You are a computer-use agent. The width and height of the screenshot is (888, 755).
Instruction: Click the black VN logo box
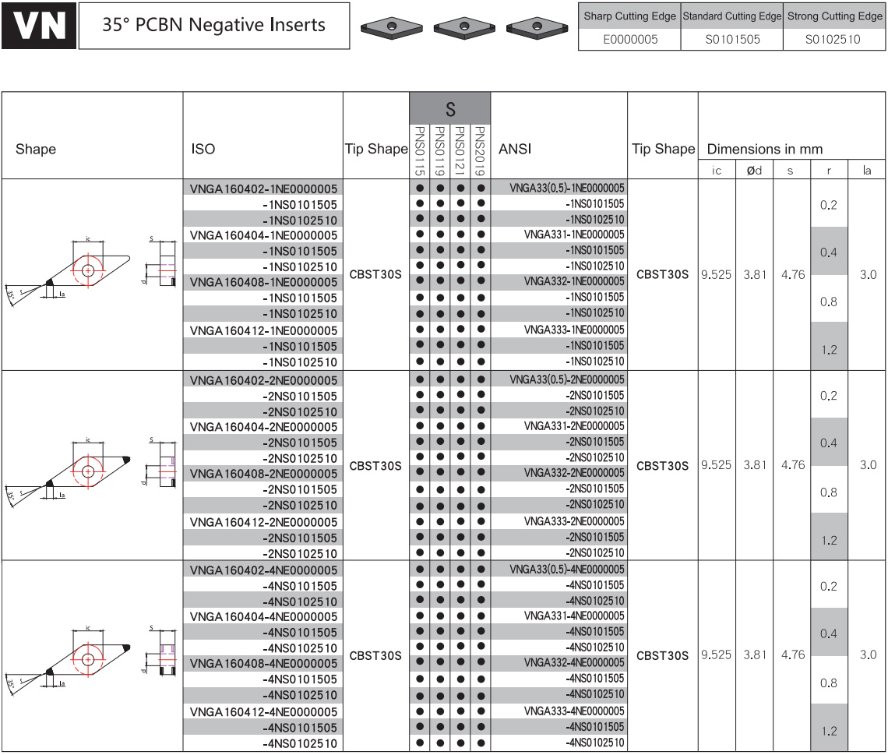coord(38,26)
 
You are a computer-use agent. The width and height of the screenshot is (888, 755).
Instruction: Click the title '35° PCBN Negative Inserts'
coord(213,25)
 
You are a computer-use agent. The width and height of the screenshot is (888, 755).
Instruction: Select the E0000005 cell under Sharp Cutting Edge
coord(629,39)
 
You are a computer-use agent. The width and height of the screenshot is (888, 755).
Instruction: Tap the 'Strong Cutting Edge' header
coord(835,16)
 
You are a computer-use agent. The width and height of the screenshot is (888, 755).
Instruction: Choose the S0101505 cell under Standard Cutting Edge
coord(732,39)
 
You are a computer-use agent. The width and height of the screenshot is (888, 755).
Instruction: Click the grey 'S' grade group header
coord(450,108)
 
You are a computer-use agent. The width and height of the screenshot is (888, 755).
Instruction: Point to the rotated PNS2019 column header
coord(481,150)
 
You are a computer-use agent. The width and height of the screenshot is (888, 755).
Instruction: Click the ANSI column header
coord(515,149)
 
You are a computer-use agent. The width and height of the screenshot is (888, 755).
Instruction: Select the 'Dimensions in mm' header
coord(765,149)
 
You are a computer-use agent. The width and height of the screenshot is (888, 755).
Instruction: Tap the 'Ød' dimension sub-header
coord(754,171)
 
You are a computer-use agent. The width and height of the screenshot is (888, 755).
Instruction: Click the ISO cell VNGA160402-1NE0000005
coord(263,189)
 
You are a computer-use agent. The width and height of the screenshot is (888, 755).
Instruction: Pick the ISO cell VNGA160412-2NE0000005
coord(263,522)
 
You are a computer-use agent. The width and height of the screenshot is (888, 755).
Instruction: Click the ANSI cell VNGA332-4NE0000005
coord(574,662)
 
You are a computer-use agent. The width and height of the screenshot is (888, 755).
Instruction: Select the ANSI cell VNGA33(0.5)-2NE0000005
coord(567,379)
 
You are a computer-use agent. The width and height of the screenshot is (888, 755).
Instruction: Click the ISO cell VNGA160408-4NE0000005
coord(263,663)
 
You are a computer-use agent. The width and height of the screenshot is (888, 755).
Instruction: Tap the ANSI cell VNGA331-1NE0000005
coord(574,235)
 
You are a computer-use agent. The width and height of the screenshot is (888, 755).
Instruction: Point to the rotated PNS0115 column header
coord(420,150)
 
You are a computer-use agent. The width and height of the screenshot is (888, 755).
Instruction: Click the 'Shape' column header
coord(36,149)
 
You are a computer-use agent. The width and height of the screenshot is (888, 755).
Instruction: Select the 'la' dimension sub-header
coord(866,171)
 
